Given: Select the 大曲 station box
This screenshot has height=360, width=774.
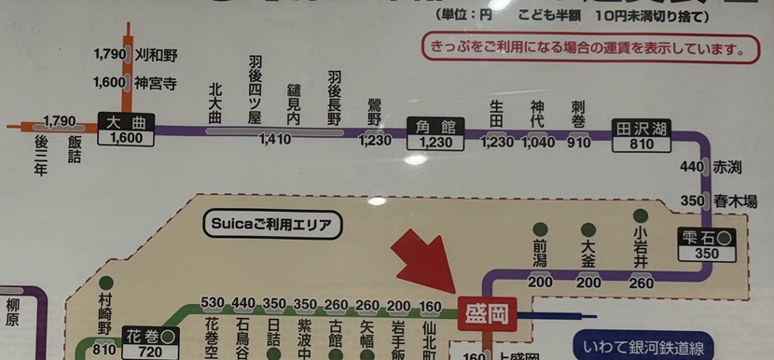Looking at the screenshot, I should point(125,130).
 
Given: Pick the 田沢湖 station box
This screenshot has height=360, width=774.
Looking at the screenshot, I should point(642,136).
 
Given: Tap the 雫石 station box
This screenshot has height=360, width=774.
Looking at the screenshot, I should point(707,243).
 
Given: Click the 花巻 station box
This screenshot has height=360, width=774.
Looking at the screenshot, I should point(150,342).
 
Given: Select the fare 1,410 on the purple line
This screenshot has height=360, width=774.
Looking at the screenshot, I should point(274,142).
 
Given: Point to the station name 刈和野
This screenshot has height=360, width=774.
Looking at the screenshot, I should point(154,55).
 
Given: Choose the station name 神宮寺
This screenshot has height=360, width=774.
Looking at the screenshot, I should point(155,82).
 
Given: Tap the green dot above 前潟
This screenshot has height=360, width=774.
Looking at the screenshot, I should point(539,228).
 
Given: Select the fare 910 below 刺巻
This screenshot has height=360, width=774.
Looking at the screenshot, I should point(578,143).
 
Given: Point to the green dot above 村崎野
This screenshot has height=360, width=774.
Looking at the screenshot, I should point(104,283).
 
